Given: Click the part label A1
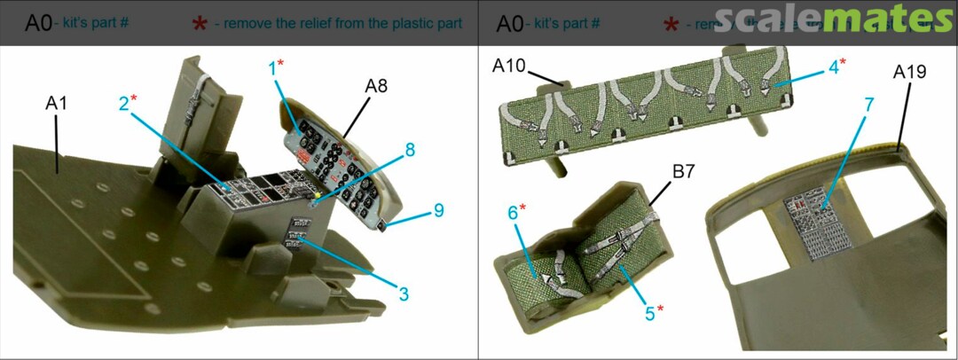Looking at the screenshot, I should (x=56, y=105).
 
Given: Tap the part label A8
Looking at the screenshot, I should (x=376, y=86).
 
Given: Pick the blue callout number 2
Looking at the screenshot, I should (x=124, y=103).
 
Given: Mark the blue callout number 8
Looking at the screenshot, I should (x=409, y=151).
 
